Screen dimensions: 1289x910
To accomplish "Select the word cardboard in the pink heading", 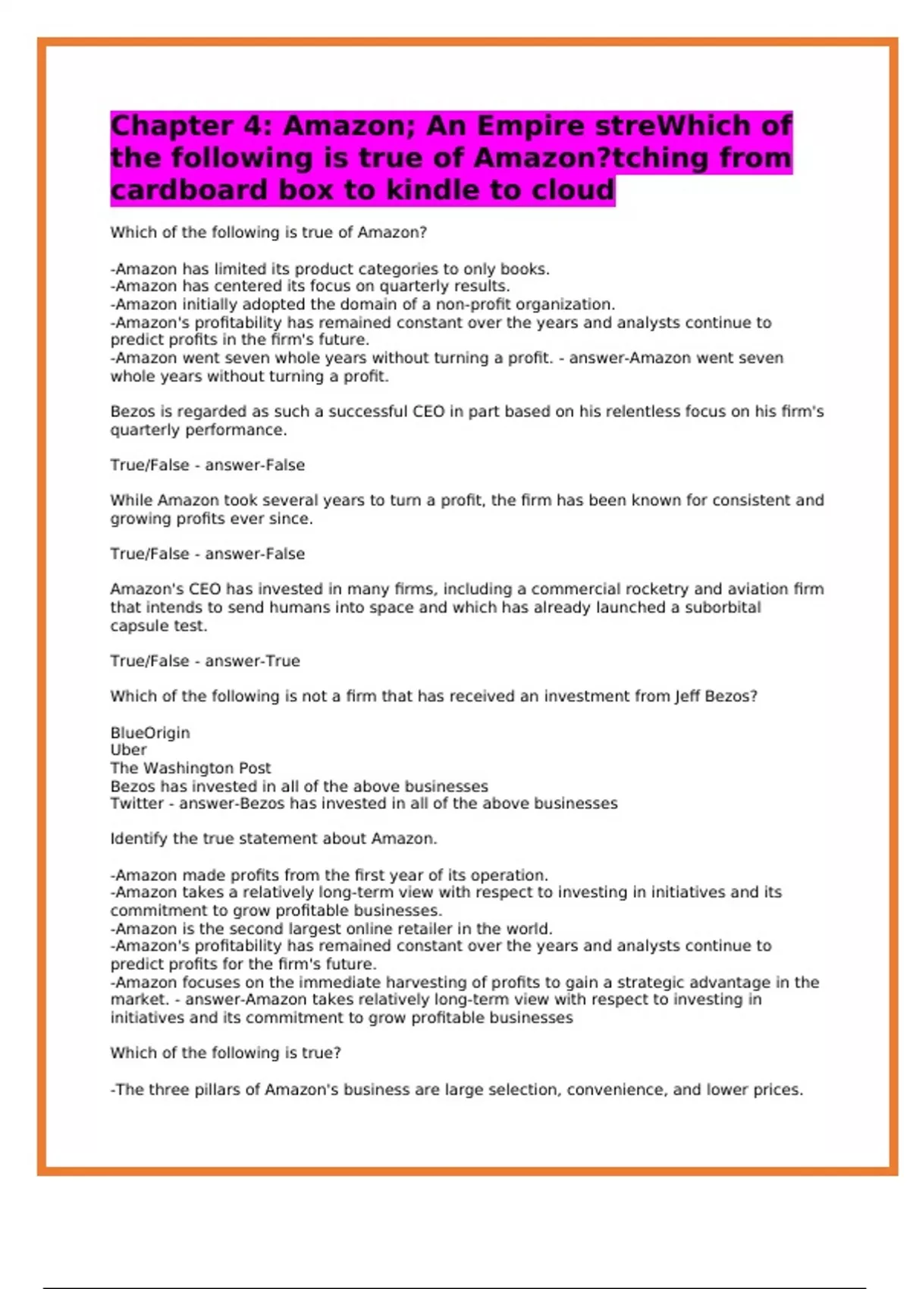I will pyautogui.click(x=187, y=190).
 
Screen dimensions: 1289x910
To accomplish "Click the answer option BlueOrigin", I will pyautogui.click(x=150, y=732).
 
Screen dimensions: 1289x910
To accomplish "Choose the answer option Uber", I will pyautogui.click(x=128, y=750).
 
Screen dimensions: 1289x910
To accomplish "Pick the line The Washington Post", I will pyautogui.click(x=190, y=768).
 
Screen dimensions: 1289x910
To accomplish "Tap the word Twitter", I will pyautogui.click(x=136, y=804).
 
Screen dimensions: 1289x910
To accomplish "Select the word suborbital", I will pyautogui.click(x=723, y=607).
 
